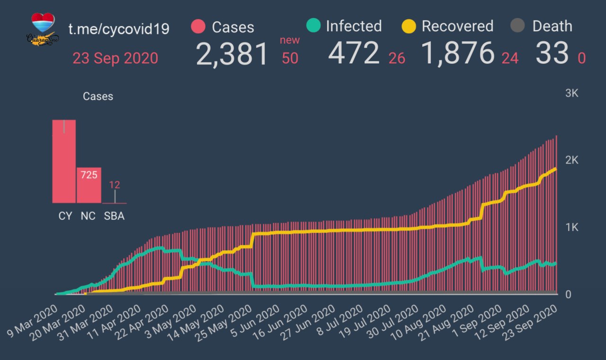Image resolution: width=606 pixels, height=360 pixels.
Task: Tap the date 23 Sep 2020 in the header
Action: (115, 58)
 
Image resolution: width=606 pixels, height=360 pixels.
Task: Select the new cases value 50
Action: (290, 58)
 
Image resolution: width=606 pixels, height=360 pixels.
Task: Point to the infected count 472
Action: (354, 53)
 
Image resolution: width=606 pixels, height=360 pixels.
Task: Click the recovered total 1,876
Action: (458, 53)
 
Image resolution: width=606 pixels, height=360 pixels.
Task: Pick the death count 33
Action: (552, 53)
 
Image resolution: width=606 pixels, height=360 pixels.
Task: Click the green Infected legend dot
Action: (313, 26)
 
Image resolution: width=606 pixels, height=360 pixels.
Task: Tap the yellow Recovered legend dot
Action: (409, 26)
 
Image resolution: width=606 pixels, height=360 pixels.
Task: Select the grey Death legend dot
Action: (517, 26)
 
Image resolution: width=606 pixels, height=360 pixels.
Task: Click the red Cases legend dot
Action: (198, 26)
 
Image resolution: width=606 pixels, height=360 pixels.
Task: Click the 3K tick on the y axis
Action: (572, 93)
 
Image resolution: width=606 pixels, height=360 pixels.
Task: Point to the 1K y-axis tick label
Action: (572, 228)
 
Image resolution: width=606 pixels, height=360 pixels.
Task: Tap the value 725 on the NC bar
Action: (89, 175)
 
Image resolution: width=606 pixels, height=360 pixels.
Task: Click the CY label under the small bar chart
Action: (65, 216)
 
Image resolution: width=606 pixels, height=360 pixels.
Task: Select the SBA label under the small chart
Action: (114, 216)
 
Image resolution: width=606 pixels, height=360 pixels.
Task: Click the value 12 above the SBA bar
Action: (115, 184)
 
